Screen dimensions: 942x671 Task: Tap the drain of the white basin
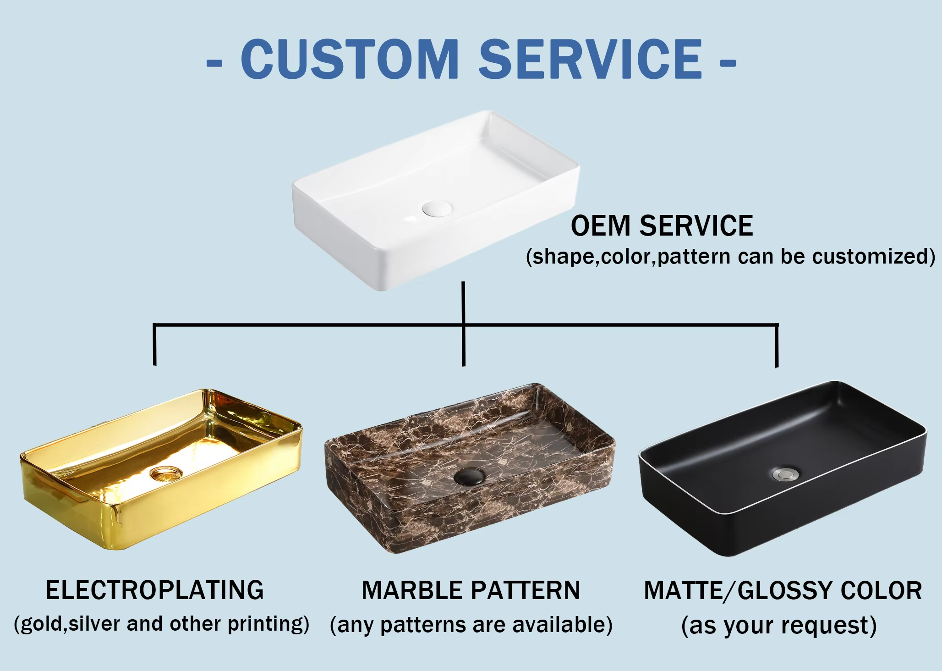point(437,208)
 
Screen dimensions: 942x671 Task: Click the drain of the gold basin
point(166,473)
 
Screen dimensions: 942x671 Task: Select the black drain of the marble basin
point(469,476)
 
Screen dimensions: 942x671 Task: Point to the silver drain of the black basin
point(785,474)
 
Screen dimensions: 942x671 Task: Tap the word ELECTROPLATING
point(155,590)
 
